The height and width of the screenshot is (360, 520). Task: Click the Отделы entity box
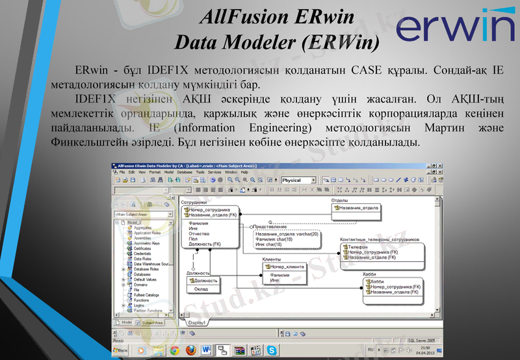pyautogui.click(x=355, y=208)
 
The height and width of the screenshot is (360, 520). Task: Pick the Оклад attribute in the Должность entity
pyautogui.click(x=201, y=289)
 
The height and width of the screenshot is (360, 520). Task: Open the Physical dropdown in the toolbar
pyautogui.click(x=299, y=180)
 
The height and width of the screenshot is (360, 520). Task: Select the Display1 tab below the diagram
pyautogui.click(x=197, y=322)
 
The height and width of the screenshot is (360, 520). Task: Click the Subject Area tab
pyautogui.click(x=152, y=322)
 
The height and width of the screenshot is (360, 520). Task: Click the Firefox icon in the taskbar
pyautogui.click(x=190, y=350)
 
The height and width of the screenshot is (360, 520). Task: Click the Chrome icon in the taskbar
pyautogui.click(x=174, y=350)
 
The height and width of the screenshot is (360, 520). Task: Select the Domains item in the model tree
pyautogui.click(x=140, y=285)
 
